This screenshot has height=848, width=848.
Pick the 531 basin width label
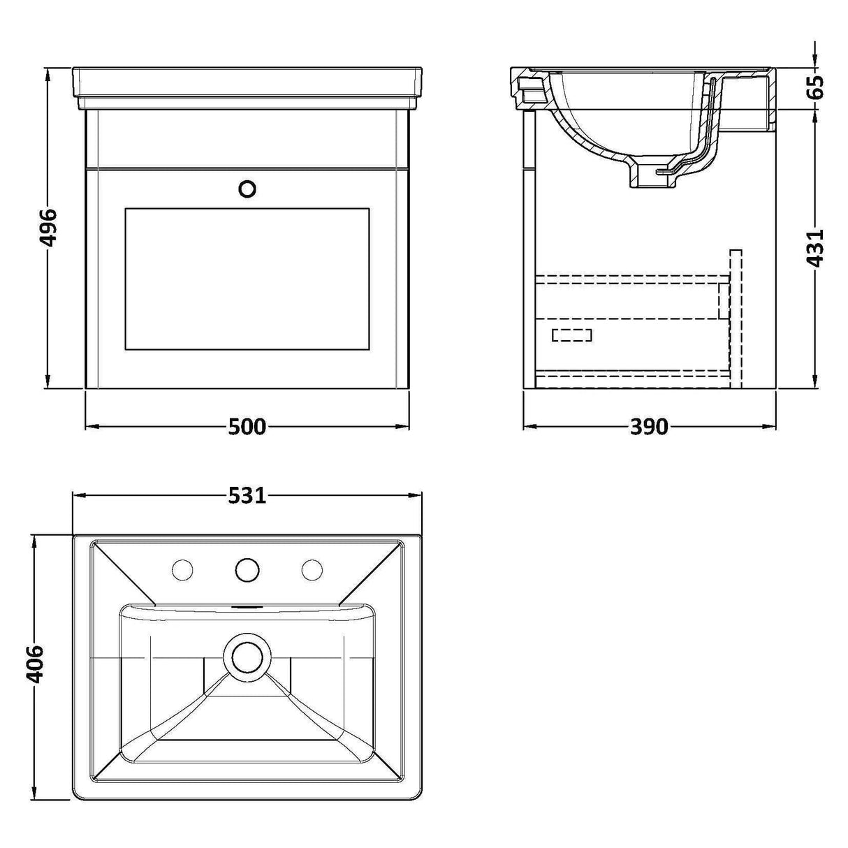pyautogui.click(x=247, y=496)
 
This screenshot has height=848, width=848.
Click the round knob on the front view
pyautogui.click(x=247, y=189)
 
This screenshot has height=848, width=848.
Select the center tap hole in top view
pyautogui.click(x=247, y=570)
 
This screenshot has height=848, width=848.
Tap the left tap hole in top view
pyautogui.click(x=182, y=570)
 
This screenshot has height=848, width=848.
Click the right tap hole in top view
pyautogui.click(x=312, y=570)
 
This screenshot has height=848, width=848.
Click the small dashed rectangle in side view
pyautogui.click(x=571, y=335)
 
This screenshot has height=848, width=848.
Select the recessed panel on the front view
pyautogui.click(x=247, y=278)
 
